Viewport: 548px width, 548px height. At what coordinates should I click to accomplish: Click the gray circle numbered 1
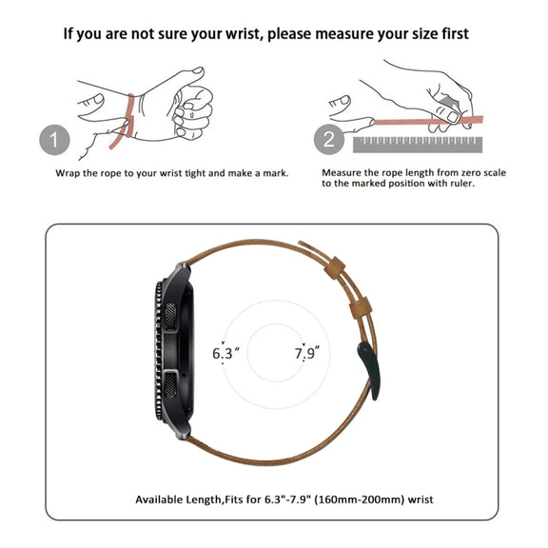pos(54,140)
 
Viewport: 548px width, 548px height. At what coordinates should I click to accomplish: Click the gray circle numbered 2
pos(329,140)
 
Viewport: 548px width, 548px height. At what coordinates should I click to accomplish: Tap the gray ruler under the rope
pos(418,145)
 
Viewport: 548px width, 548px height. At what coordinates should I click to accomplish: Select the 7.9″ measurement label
pos(306,353)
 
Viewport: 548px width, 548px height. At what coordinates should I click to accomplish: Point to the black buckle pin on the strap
pos(369,370)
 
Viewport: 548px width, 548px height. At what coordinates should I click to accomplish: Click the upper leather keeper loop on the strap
pos(335,267)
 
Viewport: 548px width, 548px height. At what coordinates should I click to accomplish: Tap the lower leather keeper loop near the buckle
pos(361,308)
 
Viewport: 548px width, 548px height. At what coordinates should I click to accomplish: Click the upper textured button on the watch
pos(170,316)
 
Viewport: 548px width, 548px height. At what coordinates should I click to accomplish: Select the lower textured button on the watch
pos(170,384)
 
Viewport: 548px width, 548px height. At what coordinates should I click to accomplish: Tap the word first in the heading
pos(455,34)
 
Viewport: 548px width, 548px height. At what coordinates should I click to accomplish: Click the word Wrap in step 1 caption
pos(68,174)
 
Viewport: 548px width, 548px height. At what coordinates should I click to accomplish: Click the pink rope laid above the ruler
pos(428,121)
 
